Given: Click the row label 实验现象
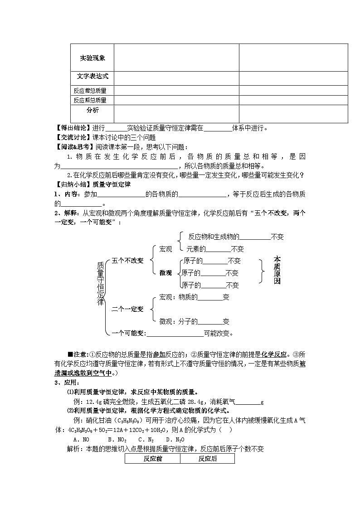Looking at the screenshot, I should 92,58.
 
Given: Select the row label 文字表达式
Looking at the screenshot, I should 92,77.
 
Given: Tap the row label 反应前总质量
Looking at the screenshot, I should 90,91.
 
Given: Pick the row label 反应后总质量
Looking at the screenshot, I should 90,100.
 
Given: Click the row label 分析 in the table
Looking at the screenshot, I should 92,110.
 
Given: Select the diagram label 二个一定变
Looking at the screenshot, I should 127,309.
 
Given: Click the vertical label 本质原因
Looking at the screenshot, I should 277,270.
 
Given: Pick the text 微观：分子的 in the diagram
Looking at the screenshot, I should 178,321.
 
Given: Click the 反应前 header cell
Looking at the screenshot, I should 152,459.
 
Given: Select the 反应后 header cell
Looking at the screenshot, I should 208,459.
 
